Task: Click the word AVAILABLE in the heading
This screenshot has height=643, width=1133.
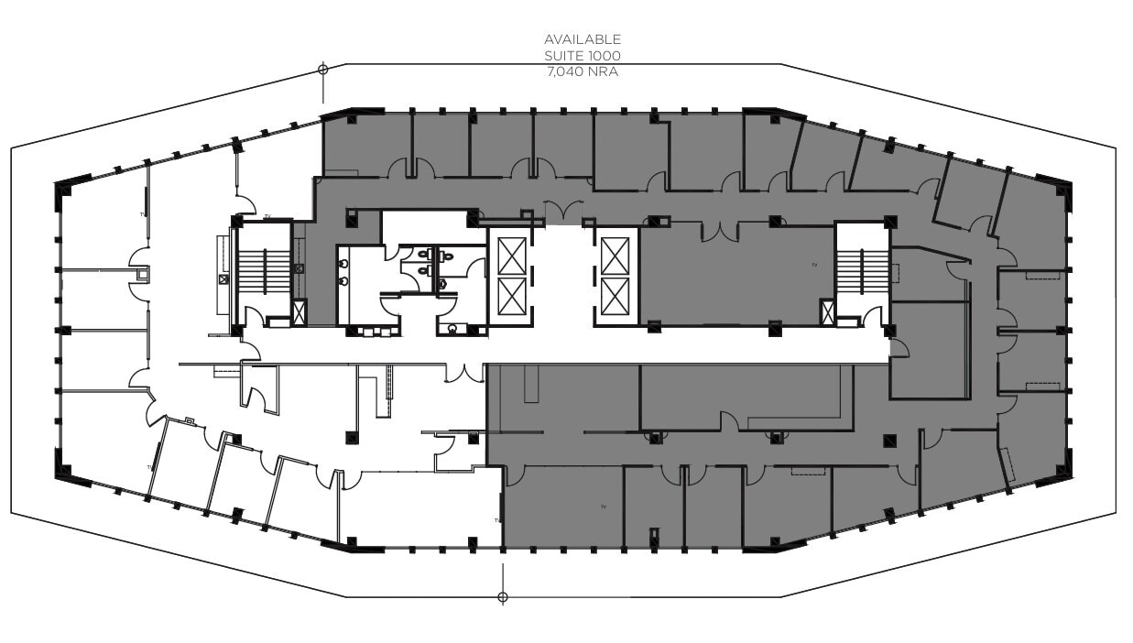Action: pyautogui.click(x=583, y=39)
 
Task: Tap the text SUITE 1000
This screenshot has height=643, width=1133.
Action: pyautogui.click(x=583, y=55)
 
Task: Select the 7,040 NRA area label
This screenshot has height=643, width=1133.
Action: pyautogui.click(x=583, y=71)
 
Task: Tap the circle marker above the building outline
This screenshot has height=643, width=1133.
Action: pyautogui.click(x=322, y=69)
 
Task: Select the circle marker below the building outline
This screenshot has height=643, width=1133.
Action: pyautogui.click(x=502, y=597)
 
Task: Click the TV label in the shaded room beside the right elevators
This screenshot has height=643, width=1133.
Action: pyautogui.click(x=812, y=266)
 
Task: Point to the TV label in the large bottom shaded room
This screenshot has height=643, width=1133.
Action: pyautogui.click(x=604, y=506)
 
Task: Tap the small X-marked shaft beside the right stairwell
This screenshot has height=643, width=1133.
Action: pyautogui.click(x=828, y=312)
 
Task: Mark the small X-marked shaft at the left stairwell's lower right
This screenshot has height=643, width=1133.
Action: pyautogui.click(x=299, y=312)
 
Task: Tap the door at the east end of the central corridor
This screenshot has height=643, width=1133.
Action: pyautogui.click(x=898, y=347)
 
